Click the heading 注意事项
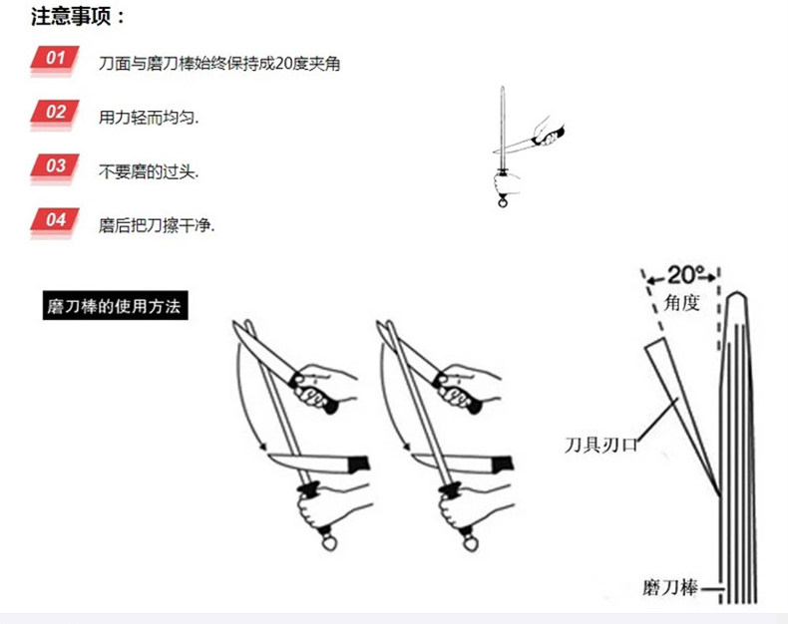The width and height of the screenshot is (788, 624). (x=79, y=17)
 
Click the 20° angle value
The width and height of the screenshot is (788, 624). (x=686, y=273)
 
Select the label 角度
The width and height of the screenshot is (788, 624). (x=682, y=300)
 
